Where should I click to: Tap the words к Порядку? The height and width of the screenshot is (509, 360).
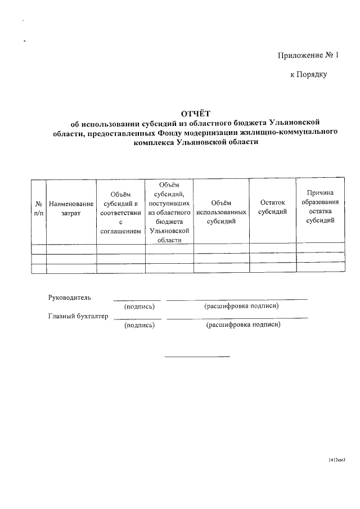coord(308,74)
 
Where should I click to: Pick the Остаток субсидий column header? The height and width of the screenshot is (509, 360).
coord(273,207)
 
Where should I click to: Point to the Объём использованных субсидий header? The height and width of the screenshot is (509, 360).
coord(221,212)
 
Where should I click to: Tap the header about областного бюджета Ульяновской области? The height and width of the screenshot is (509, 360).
coord(169,211)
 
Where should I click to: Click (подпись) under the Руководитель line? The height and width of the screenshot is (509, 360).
coord(139,307)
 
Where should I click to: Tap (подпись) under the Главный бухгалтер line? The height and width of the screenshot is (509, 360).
coord(139,325)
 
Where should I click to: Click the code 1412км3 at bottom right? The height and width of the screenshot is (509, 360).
coord(336,460)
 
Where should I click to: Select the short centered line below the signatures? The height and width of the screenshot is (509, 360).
coord(197,356)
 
